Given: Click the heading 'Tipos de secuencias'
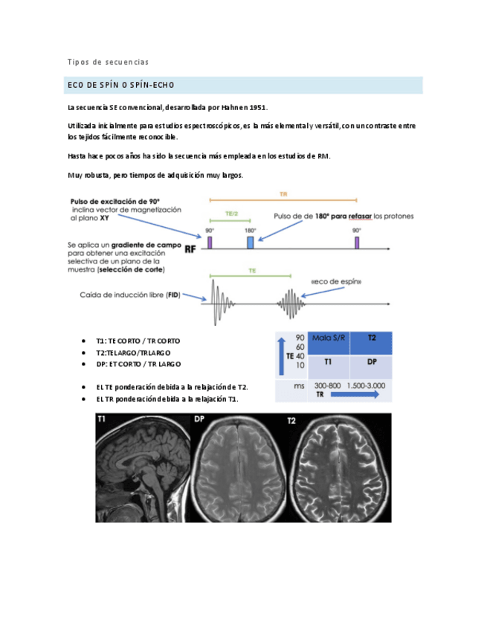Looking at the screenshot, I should (x=108, y=62).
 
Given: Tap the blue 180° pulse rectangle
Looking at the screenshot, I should (x=251, y=243).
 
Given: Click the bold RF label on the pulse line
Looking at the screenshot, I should (x=191, y=250).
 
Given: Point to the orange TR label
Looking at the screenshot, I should (x=283, y=193).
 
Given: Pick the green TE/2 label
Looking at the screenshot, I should (x=231, y=214).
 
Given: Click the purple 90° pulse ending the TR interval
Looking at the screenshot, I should (x=357, y=242).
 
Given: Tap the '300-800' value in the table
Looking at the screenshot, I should (x=328, y=386).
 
